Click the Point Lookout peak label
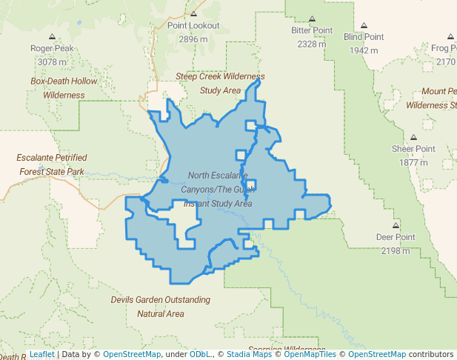coord(193,25)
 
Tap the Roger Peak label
coord(52,48)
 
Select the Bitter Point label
coord(312,30)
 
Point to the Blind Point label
coord(364,36)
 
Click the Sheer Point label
coord(414,149)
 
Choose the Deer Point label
coord(395,237)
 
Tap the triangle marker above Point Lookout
coord(193,13)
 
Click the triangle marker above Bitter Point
coord(312,19)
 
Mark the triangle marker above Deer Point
coord(396,225)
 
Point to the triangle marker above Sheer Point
coord(414,138)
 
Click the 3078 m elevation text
coord(52,62)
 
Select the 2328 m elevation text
coord(312,44)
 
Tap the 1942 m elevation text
coord(364,50)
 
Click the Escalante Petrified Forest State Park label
coord(52,164)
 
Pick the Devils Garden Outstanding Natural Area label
coord(161,307)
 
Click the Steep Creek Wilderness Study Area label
coord(220,83)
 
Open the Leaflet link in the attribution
coord(41,355)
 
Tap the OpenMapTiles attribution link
coord(307,355)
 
